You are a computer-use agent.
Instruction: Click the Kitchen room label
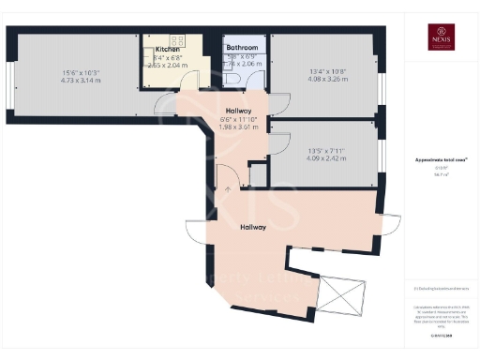[x=167, y=49]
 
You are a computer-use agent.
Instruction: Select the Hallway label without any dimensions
[x=253, y=227]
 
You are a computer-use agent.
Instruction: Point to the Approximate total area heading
[x=440, y=161]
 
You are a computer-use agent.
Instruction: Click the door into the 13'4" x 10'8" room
[x=277, y=102]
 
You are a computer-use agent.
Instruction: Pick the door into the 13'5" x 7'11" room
[x=277, y=142]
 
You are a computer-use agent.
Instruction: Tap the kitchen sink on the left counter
[x=149, y=65]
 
